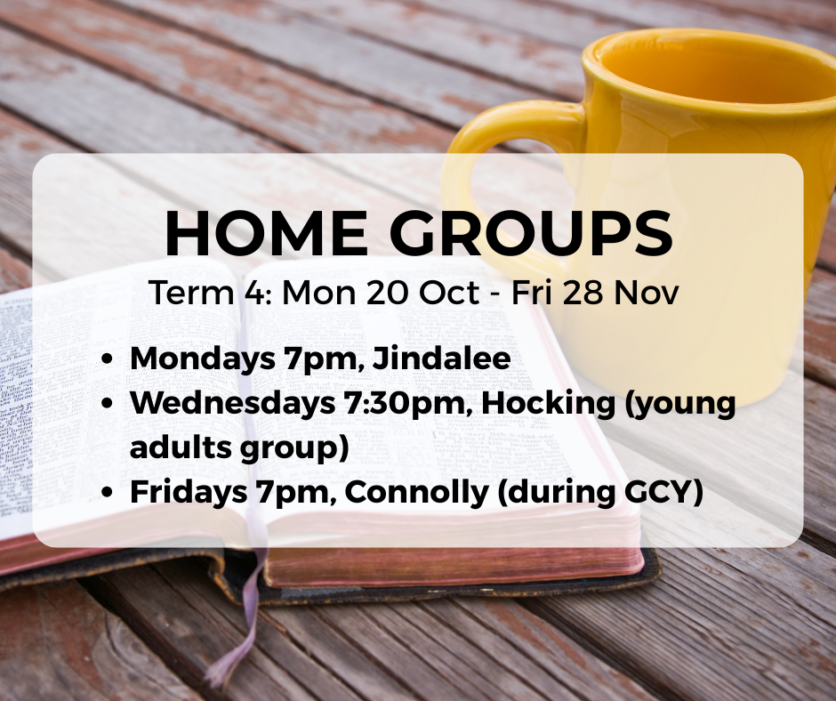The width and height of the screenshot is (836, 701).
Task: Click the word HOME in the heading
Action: click(x=267, y=233)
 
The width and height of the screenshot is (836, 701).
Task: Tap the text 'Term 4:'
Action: click(x=211, y=293)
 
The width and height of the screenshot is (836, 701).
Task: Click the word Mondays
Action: click(x=202, y=359)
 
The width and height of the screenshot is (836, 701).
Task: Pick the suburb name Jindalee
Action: click(x=441, y=358)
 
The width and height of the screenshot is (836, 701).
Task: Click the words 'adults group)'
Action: click(x=239, y=447)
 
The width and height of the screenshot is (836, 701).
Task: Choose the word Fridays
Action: click(x=189, y=493)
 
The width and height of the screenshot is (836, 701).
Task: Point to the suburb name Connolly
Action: click(x=416, y=493)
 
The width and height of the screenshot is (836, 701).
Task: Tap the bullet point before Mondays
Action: click(x=108, y=359)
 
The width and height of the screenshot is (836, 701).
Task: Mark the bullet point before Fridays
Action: click(x=108, y=493)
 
